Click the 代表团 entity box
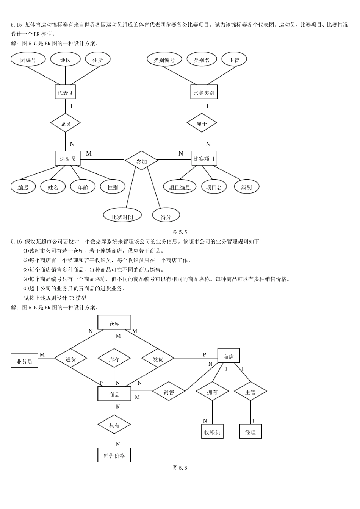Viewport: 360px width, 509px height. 66,92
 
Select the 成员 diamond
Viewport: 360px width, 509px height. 66,123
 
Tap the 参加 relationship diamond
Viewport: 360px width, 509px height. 141,161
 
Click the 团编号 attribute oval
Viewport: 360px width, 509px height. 28,59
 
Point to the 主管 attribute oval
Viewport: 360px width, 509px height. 234,59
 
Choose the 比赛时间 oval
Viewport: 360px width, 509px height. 122,216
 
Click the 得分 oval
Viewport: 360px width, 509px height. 166,216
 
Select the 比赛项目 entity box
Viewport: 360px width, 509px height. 204,159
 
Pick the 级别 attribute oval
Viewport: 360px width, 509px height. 246,187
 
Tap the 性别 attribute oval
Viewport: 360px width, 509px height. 113,187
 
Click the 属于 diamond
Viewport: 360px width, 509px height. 202,123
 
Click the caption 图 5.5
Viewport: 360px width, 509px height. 180,232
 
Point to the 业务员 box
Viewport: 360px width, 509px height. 24,361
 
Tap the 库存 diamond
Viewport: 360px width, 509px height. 114,359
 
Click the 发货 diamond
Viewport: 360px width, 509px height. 158,359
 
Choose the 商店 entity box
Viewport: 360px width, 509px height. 229,356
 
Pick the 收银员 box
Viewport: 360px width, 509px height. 212,431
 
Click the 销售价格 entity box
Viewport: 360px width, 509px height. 114,455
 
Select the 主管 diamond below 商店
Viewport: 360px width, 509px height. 250,392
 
